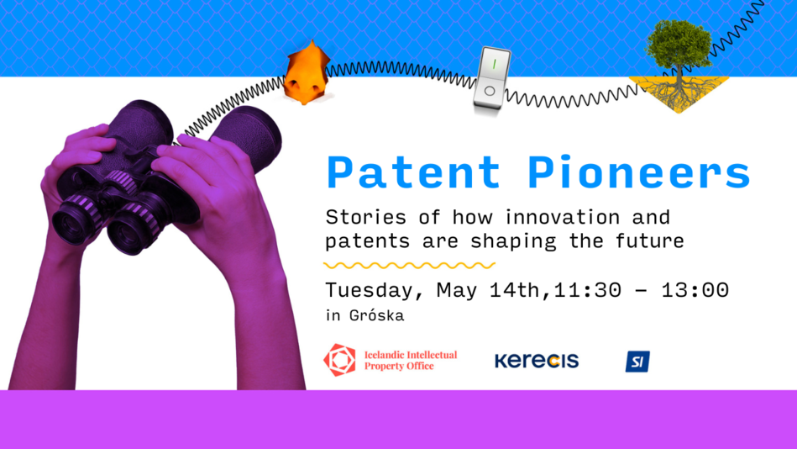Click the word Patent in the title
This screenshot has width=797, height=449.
[413, 172]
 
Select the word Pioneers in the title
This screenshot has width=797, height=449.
[638, 172]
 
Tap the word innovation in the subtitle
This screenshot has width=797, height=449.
[562, 218]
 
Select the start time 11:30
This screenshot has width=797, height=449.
[588, 290]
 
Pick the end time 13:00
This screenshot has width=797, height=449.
[695, 290]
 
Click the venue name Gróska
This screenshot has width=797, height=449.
[376, 315]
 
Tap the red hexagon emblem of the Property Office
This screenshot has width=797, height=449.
[339, 360]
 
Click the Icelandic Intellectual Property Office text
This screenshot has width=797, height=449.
[411, 360]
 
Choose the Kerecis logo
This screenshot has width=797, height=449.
[537, 361]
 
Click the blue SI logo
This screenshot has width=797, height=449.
[637, 362]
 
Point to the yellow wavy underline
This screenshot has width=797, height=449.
[409, 265]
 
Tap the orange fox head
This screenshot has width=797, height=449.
[307, 73]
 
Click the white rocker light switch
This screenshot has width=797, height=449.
[491, 78]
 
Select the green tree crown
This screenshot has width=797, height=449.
[678, 45]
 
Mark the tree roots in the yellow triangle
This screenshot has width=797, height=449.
[678, 93]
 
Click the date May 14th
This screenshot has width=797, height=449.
[488, 291]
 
